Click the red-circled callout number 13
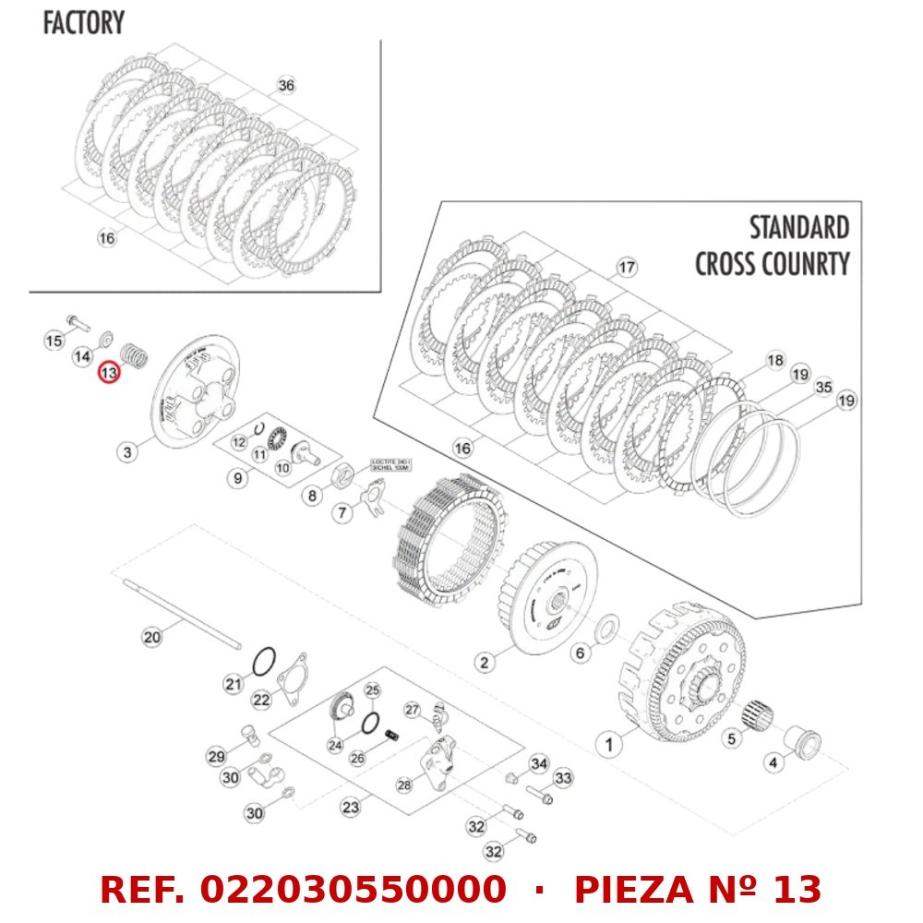pos(110,373)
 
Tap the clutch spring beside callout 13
pos(136,354)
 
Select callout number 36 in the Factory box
pos(286,85)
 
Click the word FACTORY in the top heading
pos(83,23)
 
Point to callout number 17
pos(627,268)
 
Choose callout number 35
pos(823,388)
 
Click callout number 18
pos(774,360)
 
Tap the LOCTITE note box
pos(391,464)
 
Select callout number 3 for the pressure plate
pos(127,451)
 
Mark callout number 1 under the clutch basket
pos(607,741)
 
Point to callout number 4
pos(773,762)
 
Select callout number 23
pos(350,807)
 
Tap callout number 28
pos(403,785)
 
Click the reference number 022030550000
pos(353,890)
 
